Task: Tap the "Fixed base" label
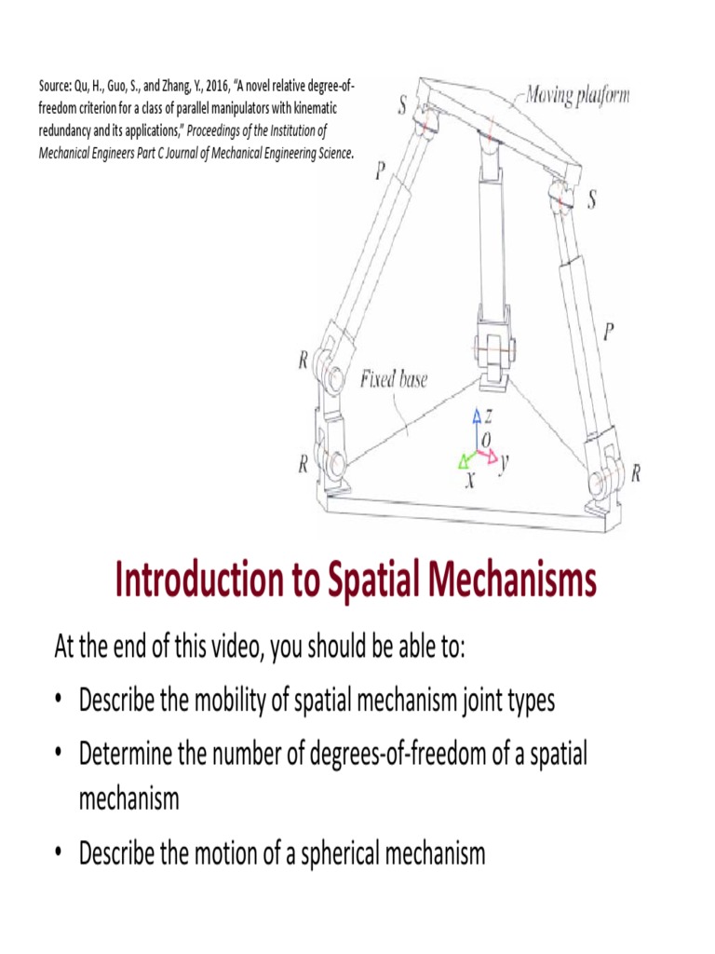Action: click(394, 379)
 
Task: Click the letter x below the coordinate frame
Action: click(470, 481)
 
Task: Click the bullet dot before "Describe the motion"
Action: click(60, 852)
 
